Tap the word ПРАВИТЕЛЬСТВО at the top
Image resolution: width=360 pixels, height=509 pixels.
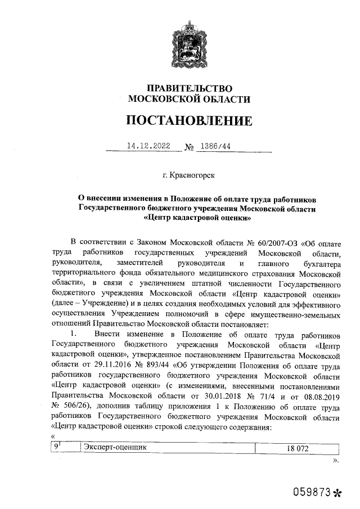189,88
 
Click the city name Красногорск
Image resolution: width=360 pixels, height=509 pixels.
192,176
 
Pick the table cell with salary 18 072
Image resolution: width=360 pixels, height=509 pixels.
298,448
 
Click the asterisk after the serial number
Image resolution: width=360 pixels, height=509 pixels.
337,493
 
